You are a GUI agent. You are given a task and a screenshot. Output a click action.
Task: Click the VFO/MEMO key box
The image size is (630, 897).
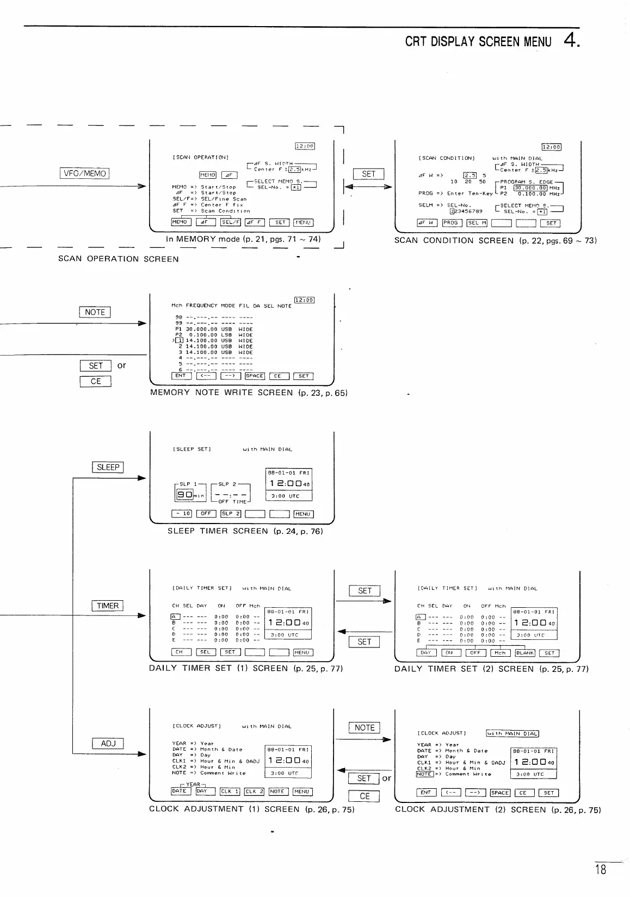click(x=85, y=174)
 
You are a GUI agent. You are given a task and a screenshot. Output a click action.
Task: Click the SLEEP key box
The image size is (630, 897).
click(x=108, y=468)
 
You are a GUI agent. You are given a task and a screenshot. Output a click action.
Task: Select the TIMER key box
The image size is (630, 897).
click(x=108, y=606)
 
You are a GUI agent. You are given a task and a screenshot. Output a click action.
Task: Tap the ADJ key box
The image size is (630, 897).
click(x=108, y=744)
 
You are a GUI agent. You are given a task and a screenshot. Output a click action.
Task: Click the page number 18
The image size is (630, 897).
click(x=600, y=870)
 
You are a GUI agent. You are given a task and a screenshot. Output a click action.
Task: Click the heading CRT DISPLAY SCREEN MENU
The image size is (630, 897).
click(x=478, y=42)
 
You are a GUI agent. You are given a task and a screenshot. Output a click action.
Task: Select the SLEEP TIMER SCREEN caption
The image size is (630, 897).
click(x=245, y=531)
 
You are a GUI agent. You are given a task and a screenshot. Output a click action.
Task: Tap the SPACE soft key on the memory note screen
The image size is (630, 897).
click(x=255, y=376)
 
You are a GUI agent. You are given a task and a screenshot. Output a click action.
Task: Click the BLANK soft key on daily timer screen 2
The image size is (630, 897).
click(x=525, y=653)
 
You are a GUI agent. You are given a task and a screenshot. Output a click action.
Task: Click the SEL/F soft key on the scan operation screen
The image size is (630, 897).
click(x=231, y=222)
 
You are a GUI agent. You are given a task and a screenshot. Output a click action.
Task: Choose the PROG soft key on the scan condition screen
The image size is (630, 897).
click(x=452, y=223)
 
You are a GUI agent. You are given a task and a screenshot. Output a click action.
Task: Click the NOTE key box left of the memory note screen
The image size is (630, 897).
click(x=95, y=312)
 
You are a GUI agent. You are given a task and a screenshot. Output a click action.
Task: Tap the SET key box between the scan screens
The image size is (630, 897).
click(x=368, y=174)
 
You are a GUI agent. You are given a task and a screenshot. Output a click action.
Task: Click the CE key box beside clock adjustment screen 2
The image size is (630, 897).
click(x=364, y=796)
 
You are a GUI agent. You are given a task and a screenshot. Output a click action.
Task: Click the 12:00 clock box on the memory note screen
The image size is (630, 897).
click(x=304, y=300)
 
